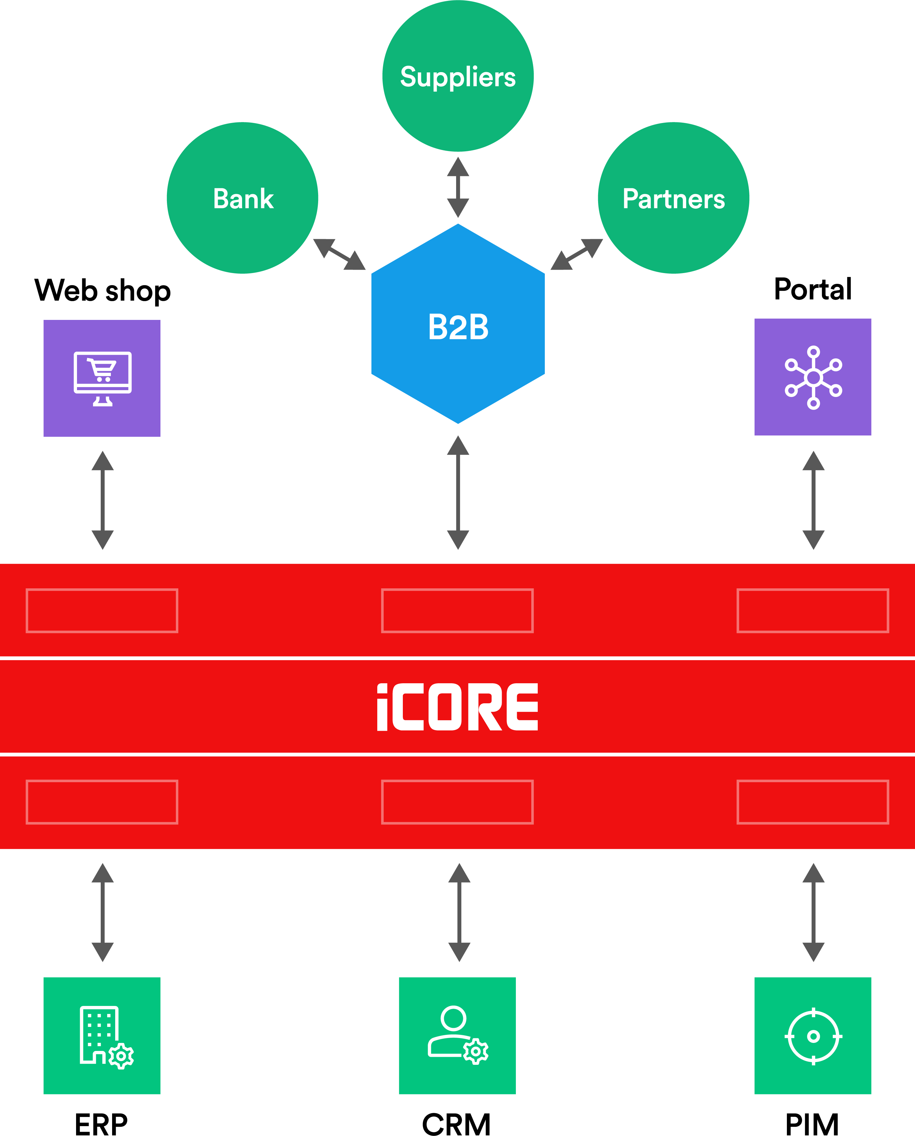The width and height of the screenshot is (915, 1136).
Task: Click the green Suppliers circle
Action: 458,76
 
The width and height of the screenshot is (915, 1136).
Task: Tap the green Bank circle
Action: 242,198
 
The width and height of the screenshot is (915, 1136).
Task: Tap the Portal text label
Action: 812,289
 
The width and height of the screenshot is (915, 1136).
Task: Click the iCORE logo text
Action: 458,707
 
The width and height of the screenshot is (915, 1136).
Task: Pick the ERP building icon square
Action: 102,1035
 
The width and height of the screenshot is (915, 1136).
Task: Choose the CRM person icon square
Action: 457,1035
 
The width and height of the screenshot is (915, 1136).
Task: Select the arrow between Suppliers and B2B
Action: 458,187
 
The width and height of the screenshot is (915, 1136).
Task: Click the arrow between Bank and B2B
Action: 339,254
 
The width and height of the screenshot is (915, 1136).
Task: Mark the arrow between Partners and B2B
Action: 577,254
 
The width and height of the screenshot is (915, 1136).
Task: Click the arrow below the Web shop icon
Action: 103,500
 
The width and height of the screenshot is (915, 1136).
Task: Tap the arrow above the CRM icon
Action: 459,912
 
